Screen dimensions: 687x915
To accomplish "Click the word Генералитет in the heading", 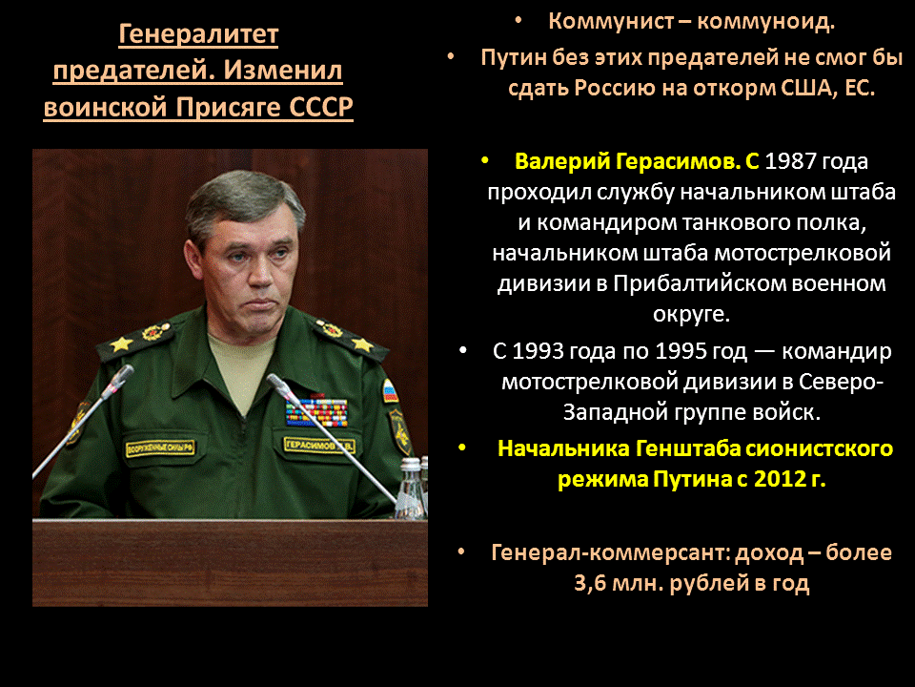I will pyautogui.click(x=198, y=35).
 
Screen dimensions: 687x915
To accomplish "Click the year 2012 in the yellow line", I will pyautogui.click(x=779, y=479).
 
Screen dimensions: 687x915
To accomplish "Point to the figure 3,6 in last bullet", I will pyautogui.click(x=594, y=584).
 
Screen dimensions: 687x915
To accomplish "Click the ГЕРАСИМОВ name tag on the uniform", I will pyautogui.click(x=321, y=444).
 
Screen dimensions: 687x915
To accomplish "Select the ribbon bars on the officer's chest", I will pyautogui.click(x=316, y=411).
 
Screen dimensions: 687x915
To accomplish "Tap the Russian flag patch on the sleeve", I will pyautogui.click(x=389, y=389).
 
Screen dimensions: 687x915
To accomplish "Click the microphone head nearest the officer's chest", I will pyautogui.click(x=275, y=383).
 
